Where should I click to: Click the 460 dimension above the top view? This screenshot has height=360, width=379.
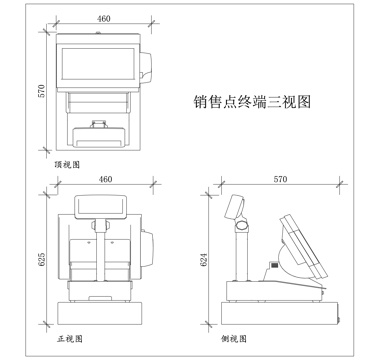[x=104, y=18]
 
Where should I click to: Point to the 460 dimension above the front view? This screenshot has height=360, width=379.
[x=104, y=180]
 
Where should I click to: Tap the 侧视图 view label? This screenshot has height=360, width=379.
[x=233, y=338]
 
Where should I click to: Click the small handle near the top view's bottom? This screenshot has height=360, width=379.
[x=101, y=125]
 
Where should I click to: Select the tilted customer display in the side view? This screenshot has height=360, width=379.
[x=236, y=207]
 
